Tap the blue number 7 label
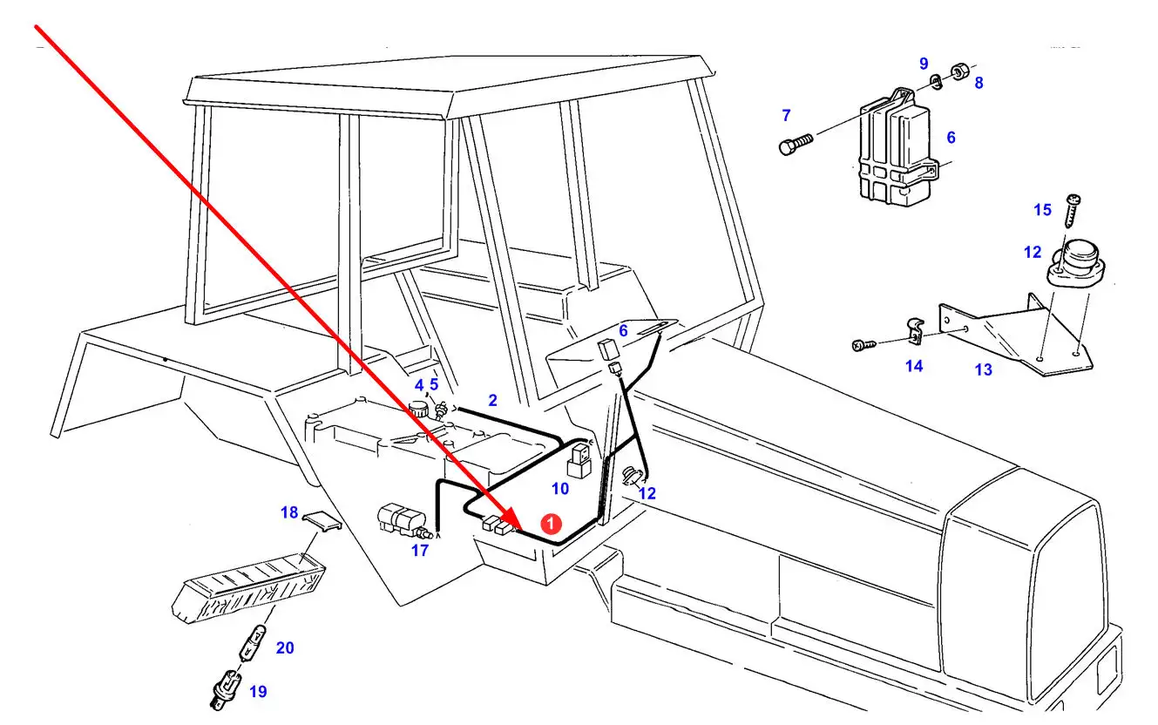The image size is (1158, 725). pyautogui.click(x=786, y=115)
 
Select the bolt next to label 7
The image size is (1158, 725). pyautogui.click(x=794, y=144)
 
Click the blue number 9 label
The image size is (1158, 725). pyautogui.click(x=924, y=64)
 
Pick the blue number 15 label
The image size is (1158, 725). pyautogui.click(x=1042, y=210)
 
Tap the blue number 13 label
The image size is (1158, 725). pyautogui.click(x=983, y=370)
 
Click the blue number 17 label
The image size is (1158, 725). pyautogui.click(x=420, y=551)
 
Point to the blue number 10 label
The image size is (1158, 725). pyautogui.click(x=560, y=489)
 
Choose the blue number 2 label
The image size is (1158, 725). pyautogui.click(x=492, y=401)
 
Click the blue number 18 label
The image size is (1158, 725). pyautogui.click(x=289, y=512)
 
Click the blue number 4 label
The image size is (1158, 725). pyautogui.click(x=419, y=385)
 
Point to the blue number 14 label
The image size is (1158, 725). pyautogui.click(x=913, y=367)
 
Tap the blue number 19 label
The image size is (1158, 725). pyautogui.click(x=258, y=692)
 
